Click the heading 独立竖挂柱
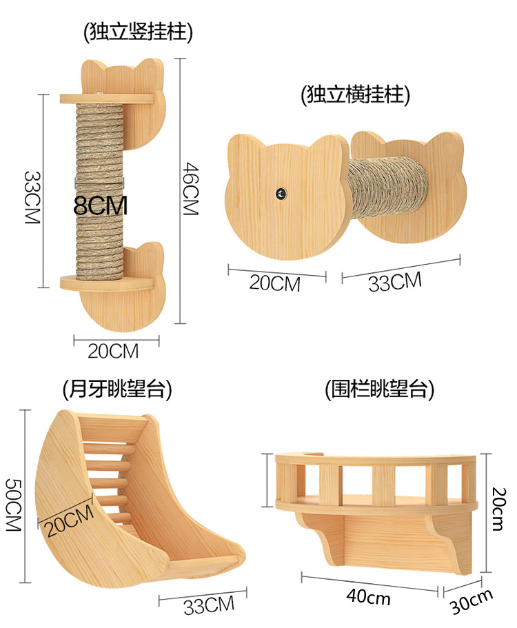pyautogui.click(x=138, y=32)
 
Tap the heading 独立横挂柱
pyautogui.click(x=356, y=95)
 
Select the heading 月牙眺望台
pyautogui.click(x=117, y=389)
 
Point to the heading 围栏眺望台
pyautogui.click(x=380, y=389)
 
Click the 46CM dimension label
pyautogui.click(x=191, y=189)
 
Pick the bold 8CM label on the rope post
pyautogui.click(x=101, y=205)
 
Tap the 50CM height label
pyautogui.click(x=13, y=505)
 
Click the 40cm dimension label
pyautogui.click(x=368, y=597)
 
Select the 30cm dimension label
pyautogui.click(x=472, y=601)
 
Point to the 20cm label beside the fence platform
pyautogui.click(x=499, y=509)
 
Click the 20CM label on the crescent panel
pyautogui.click(x=70, y=520)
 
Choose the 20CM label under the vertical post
pyautogui.click(x=113, y=352)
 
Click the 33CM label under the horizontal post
pyautogui.click(x=395, y=281)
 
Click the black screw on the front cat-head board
pyautogui.click(x=281, y=194)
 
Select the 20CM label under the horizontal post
pyautogui.click(x=275, y=283)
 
